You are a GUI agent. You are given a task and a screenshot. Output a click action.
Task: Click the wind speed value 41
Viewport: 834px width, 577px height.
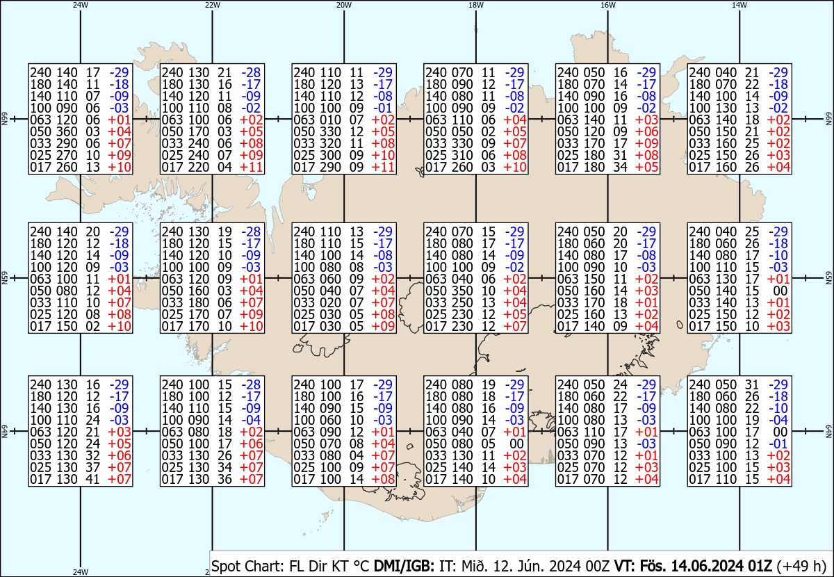93,479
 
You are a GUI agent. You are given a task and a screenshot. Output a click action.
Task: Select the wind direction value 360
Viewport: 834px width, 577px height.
67,131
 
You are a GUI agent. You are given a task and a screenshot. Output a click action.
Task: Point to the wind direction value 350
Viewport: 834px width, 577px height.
462,291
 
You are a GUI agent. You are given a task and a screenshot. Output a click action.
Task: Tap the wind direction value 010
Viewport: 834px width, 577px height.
331,120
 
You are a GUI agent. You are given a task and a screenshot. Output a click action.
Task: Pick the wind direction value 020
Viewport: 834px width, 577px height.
331,302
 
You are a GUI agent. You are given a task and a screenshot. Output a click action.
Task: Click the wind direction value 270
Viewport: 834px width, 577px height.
67,155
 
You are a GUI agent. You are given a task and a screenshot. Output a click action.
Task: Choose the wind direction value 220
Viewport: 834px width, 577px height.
199,167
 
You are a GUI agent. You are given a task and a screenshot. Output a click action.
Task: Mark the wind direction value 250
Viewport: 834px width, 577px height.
462,302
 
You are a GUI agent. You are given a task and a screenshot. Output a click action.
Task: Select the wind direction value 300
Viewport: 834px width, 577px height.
331,155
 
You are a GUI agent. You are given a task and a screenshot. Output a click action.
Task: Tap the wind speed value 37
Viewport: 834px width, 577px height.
93,467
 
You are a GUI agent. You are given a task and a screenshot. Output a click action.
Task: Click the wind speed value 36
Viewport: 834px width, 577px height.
225,479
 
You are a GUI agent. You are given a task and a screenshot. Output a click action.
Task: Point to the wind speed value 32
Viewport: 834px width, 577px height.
93,455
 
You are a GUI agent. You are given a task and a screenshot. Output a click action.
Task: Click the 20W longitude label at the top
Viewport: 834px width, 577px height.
344,5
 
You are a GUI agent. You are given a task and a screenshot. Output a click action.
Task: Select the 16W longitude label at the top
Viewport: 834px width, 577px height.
608,5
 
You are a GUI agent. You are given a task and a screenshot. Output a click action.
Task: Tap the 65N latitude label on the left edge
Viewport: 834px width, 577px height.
4,278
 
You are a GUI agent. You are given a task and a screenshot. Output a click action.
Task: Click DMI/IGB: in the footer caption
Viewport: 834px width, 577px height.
404,566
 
